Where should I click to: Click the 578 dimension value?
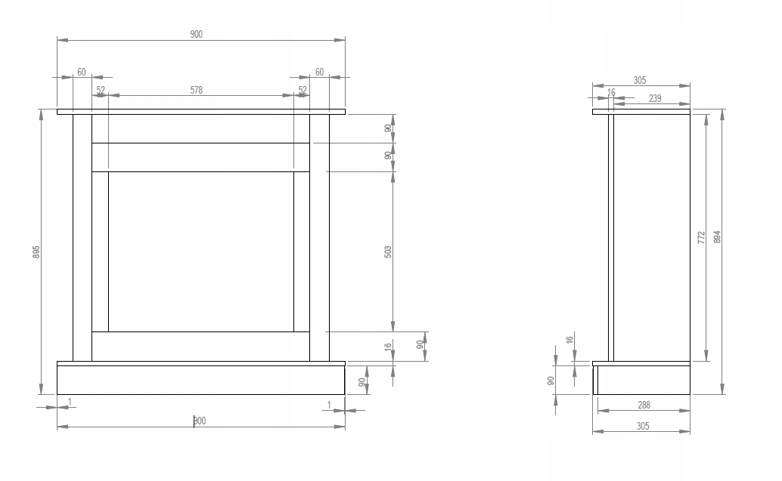pyautogui.click(x=197, y=90)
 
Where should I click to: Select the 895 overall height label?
pyautogui.click(x=36, y=251)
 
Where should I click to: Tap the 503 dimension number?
pyautogui.click(x=388, y=251)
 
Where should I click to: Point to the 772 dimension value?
pyautogui.click(x=701, y=237)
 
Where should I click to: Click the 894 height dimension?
pyautogui.click(x=718, y=237)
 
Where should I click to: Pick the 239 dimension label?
pyautogui.click(x=655, y=98)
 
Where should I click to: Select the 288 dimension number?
pyautogui.click(x=644, y=405)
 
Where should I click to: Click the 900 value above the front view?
pyautogui.click(x=197, y=34)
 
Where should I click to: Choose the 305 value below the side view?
pyautogui.click(x=641, y=426)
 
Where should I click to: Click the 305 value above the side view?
pyautogui.click(x=640, y=80)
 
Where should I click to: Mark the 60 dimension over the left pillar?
pyautogui.click(x=81, y=72)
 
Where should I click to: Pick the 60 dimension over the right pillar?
pyautogui.click(x=319, y=72)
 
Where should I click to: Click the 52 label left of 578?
pyautogui.click(x=101, y=90)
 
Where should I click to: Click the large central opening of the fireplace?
pyautogui.click(x=200, y=251)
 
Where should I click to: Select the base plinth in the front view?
pyautogui.click(x=200, y=380)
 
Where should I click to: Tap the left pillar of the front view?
pyautogui.click(x=82, y=238)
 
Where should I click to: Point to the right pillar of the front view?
pyautogui.click(x=320, y=238)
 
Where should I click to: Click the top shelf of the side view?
pyautogui.click(x=641, y=112)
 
